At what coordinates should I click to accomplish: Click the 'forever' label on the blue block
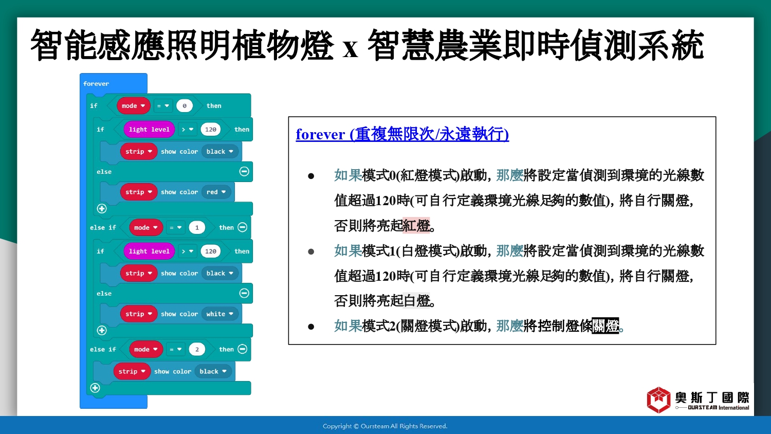[96, 84]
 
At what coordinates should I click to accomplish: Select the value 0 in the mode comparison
[185, 106]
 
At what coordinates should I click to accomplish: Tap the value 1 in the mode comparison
[197, 228]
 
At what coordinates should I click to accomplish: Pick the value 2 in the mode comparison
[197, 349]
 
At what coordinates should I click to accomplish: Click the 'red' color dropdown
[216, 192]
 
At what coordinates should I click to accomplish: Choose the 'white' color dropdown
[219, 314]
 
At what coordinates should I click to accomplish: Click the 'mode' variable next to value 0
[133, 106]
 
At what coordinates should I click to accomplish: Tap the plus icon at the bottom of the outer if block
[95, 388]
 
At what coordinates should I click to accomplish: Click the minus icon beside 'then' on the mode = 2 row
[243, 349]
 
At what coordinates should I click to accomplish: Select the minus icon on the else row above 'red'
[244, 171]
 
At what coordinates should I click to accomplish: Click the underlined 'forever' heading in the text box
[402, 134]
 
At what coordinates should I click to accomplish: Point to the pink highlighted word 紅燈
[416, 226]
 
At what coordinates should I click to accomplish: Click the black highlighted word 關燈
[605, 325]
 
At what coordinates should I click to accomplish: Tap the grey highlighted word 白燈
[416, 301]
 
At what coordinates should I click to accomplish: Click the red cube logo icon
[658, 400]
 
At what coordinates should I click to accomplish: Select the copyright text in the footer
[385, 426]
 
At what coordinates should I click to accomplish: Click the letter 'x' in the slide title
[351, 50]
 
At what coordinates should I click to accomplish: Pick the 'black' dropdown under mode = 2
[213, 371]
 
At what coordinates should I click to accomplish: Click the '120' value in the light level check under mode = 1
[210, 251]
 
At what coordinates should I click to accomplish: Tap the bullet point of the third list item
[311, 327]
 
